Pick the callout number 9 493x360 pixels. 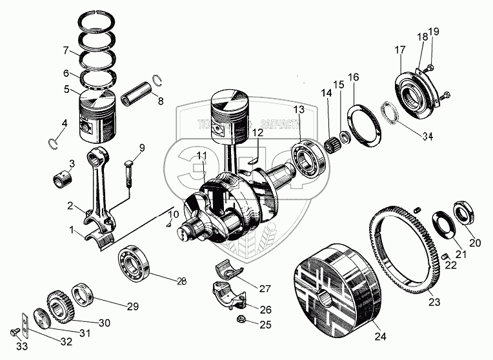(x=142, y=148)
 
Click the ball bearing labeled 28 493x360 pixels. (x=134, y=265)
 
